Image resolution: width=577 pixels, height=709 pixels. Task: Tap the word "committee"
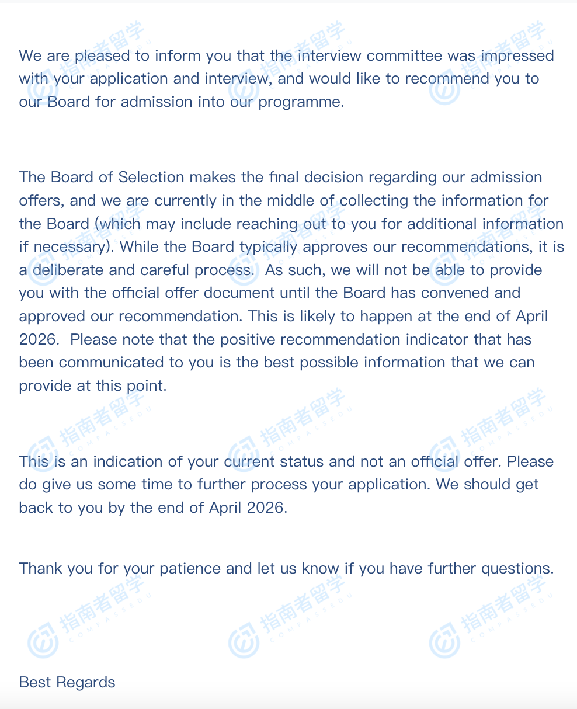pos(404,56)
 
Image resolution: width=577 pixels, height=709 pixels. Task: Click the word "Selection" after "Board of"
pos(151,177)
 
